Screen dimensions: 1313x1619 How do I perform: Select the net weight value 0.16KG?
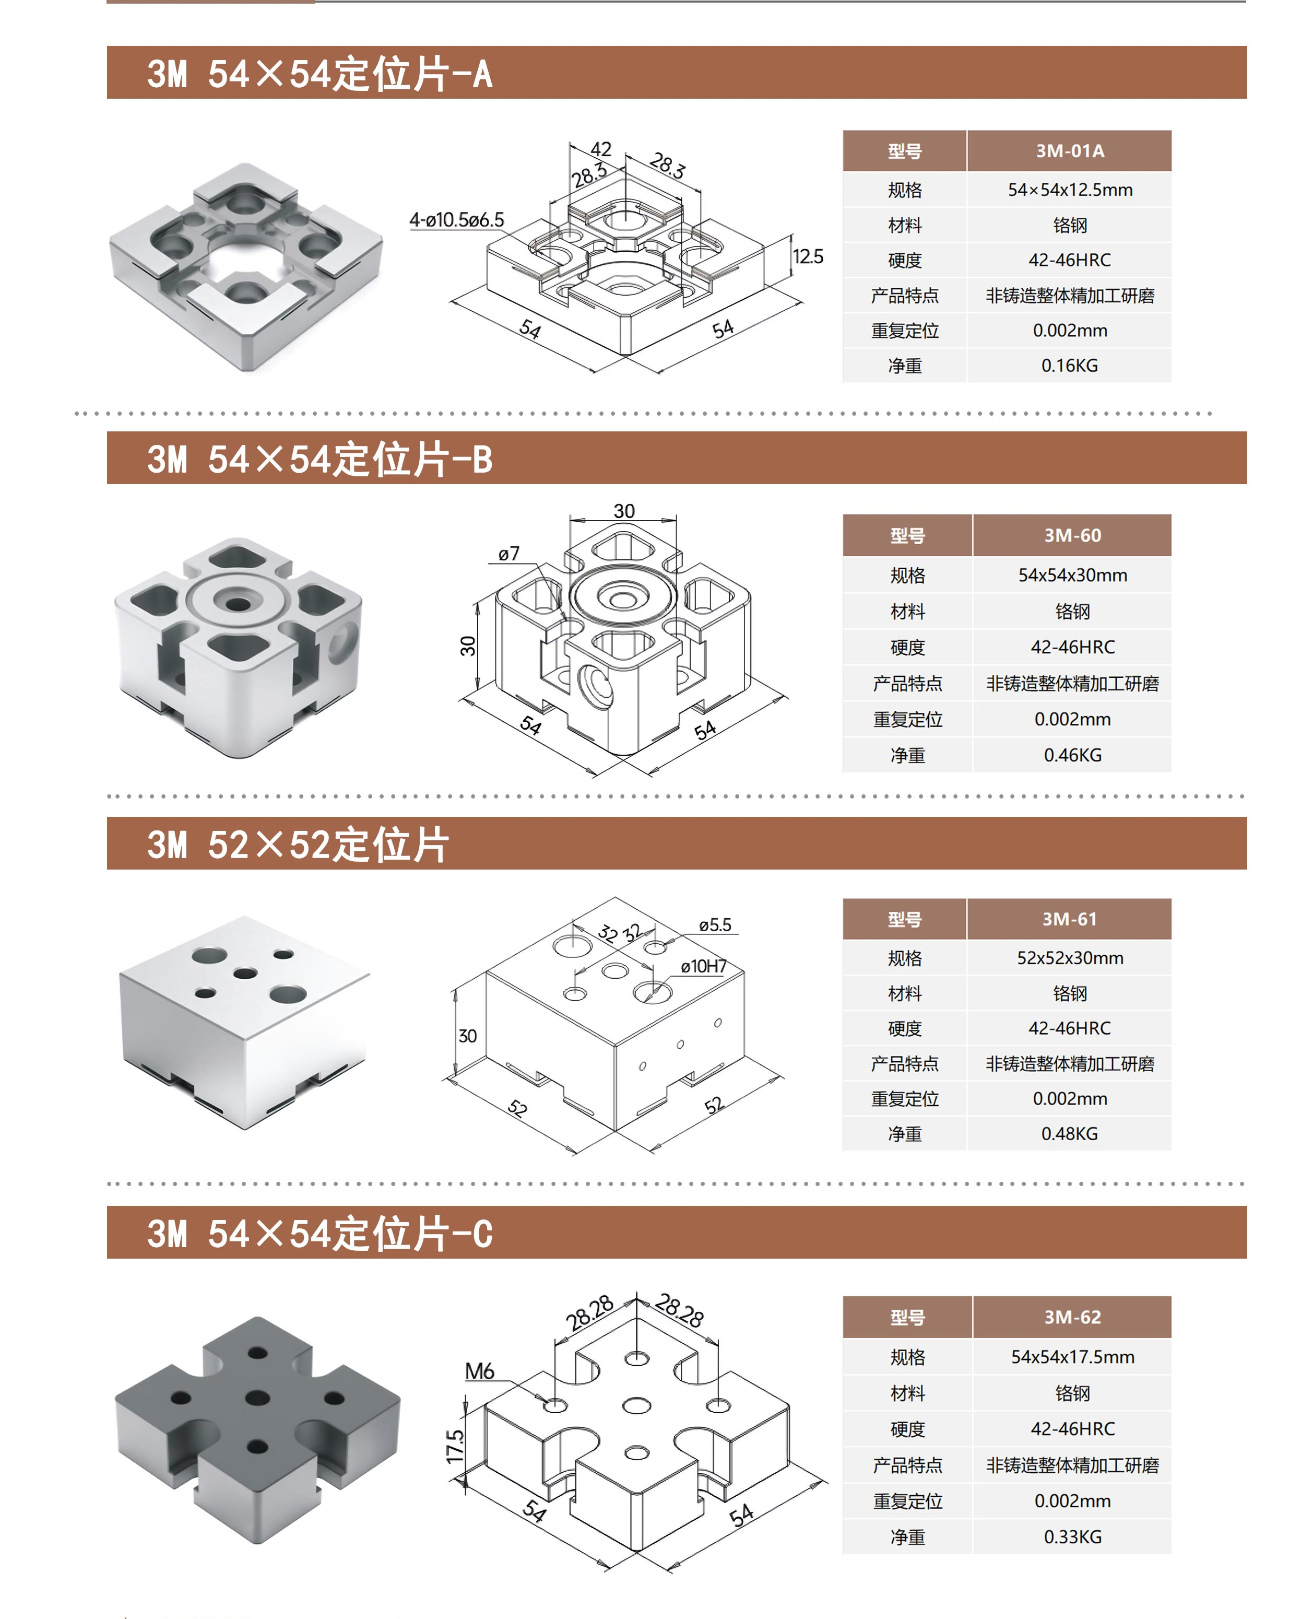click(1070, 366)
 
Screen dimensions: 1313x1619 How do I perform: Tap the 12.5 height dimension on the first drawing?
click(808, 256)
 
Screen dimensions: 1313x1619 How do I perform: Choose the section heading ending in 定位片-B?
click(320, 459)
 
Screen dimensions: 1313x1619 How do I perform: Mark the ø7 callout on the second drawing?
click(509, 553)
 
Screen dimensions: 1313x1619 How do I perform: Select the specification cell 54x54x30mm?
click(1072, 575)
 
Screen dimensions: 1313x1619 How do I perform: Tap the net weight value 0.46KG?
click(1072, 755)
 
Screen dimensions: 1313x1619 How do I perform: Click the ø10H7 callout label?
click(703, 966)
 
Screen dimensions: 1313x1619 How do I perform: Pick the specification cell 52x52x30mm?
click(1070, 958)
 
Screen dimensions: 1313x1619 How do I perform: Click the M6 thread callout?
click(479, 1371)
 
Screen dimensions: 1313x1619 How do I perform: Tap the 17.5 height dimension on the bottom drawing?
click(455, 1447)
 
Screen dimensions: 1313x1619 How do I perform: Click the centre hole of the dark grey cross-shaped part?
click(257, 1398)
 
